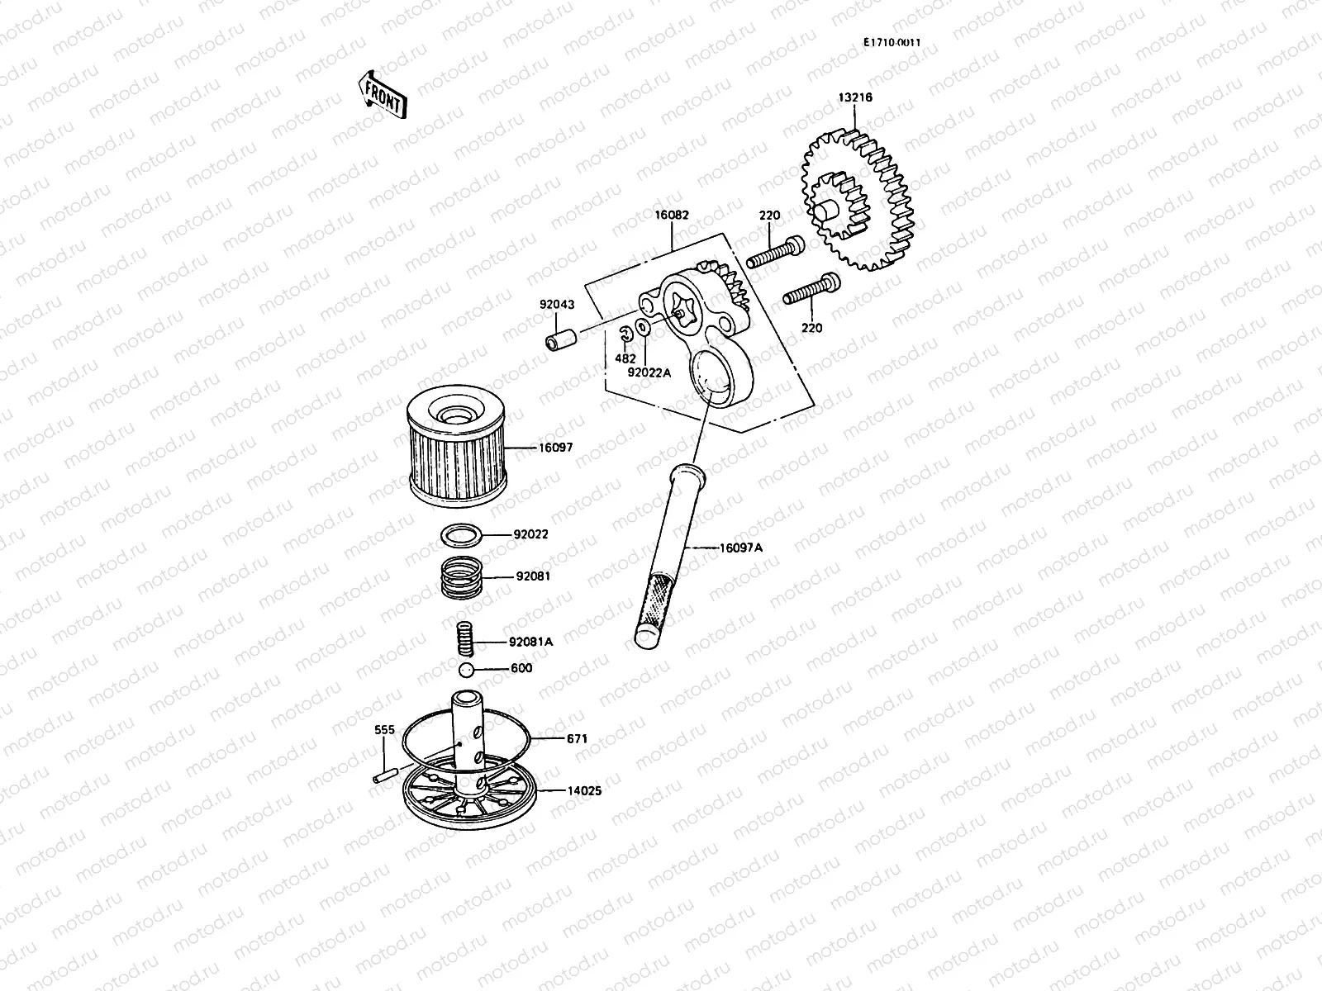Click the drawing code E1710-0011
click(892, 43)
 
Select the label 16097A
click(741, 548)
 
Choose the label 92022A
click(649, 372)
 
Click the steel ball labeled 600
click(467, 669)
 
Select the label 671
click(577, 739)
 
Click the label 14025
click(583, 791)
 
